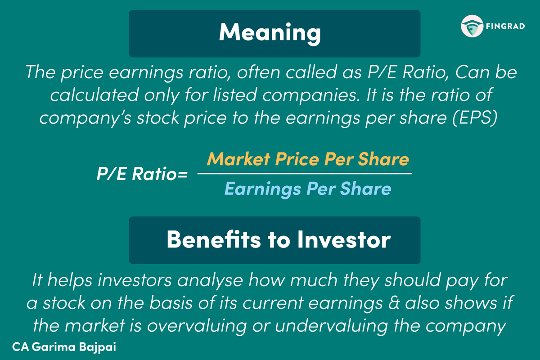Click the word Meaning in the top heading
[270, 33]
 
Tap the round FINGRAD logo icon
[471, 27]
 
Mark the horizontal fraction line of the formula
[304, 174]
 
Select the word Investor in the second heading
[343, 240]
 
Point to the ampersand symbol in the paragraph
[396, 303]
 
